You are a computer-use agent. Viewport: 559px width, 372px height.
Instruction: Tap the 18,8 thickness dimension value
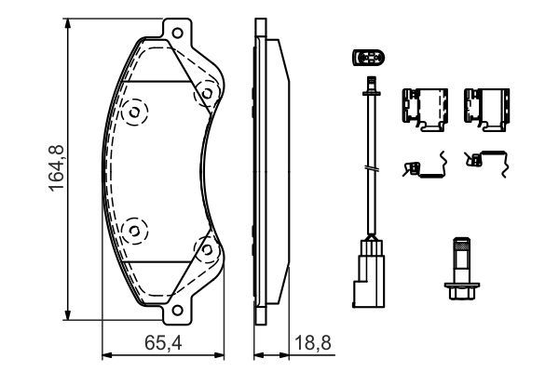314,340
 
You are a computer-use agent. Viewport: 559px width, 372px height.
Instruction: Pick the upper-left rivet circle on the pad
136,113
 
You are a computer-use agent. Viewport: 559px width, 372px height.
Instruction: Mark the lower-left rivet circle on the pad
136,227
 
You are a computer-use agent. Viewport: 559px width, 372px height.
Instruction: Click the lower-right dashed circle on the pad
202,247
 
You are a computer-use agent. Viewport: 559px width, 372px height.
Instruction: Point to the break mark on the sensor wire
371,168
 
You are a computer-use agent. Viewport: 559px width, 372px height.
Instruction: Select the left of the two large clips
425,108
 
